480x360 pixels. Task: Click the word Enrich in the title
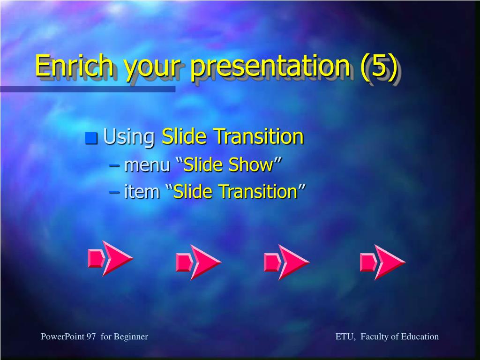74,66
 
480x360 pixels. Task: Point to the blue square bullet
91,138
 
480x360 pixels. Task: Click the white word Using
129,137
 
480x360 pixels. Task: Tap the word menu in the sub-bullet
147,165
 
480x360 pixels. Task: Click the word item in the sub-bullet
142,191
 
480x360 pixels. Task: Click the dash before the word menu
114,166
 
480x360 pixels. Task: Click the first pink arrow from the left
111,259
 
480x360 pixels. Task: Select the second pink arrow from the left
199,262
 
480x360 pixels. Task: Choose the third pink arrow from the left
286,262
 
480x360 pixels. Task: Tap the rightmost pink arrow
382,262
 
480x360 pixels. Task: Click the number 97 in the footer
91,337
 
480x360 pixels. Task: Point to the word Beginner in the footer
131,337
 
